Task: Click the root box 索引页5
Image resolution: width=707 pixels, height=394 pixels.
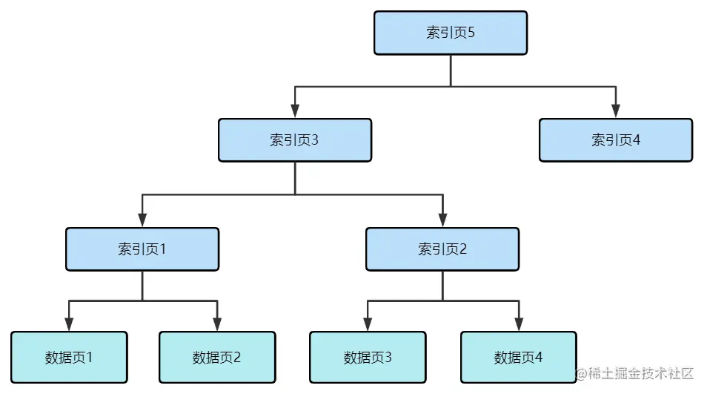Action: tap(450, 33)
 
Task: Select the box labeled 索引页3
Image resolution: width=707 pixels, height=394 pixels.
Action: tap(294, 140)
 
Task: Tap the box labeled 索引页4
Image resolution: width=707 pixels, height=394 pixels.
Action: tap(615, 140)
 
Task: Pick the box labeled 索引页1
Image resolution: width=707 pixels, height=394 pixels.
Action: tap(142, 249)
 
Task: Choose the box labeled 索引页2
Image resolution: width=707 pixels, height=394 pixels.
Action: tap(442, 249)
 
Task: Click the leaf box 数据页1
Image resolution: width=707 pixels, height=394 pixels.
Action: tap(69, 357)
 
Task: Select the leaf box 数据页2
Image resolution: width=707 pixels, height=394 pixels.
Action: tap(217, 357)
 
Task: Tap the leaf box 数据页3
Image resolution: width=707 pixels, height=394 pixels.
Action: tap(368, 357)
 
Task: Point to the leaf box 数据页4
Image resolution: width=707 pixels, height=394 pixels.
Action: tap(518, 357)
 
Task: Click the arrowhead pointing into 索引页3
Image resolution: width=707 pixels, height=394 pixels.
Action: tap(295, 111)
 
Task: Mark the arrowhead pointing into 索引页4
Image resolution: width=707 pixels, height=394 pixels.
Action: tap(615, 111)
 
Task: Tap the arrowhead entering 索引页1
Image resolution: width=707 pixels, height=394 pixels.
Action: tap(142, 220)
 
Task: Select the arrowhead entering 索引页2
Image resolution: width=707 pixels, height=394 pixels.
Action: tap(442, 220)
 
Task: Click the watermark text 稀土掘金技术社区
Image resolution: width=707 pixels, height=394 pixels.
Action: tap(635, 372)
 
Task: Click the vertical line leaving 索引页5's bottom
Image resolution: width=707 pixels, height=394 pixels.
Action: tap(451, 70)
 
